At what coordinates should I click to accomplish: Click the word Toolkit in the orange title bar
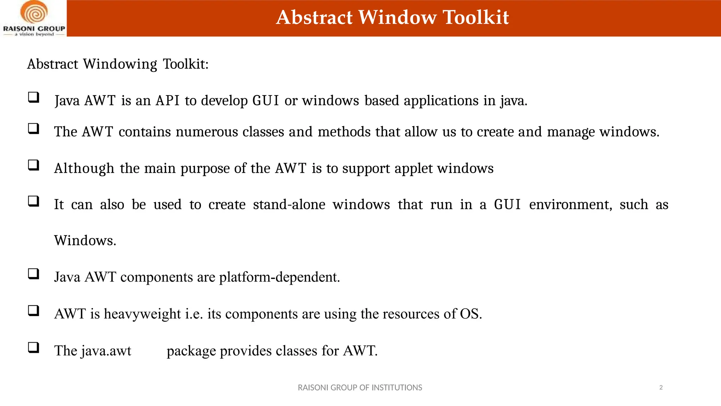[x=476, y=17]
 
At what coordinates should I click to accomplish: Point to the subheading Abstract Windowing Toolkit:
[x=118, y=64]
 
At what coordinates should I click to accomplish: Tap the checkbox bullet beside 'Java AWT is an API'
[x=33, y=97]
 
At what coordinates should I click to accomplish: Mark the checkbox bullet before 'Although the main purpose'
[x=33, y=165]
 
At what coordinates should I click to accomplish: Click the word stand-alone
[x=289, y=205]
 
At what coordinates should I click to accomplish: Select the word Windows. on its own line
[x=85, y=241]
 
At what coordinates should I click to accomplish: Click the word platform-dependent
[x=280, y=277]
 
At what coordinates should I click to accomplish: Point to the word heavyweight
[x=142, y=314]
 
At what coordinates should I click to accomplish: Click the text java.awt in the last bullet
[x=106, y=351]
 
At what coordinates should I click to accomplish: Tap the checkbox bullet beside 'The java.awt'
[x=33, y=347]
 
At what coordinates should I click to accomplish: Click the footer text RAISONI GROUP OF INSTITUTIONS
[x=360, y=388]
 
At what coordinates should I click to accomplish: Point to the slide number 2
[x=661, y=388]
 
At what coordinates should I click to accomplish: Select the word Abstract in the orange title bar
[x=314, y=17]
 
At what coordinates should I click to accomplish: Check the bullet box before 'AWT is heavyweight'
[x=33, y=310]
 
